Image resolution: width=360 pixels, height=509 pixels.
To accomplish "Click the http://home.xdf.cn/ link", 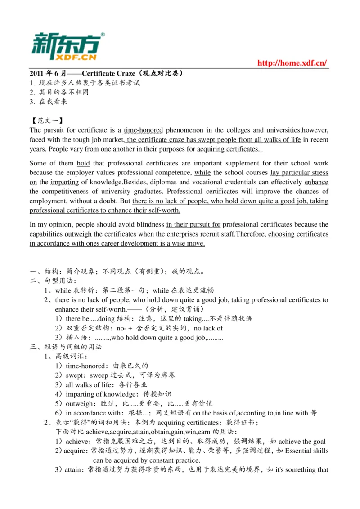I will tap(292, 63).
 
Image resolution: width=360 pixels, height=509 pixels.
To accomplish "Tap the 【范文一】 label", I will tap(46, 121).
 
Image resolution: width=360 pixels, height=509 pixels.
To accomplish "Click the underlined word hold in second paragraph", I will tap(83, 163).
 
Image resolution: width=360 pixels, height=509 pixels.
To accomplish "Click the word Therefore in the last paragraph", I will tap(251, 234).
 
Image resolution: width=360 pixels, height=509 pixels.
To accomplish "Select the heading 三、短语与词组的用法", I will tap(66, 347).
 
